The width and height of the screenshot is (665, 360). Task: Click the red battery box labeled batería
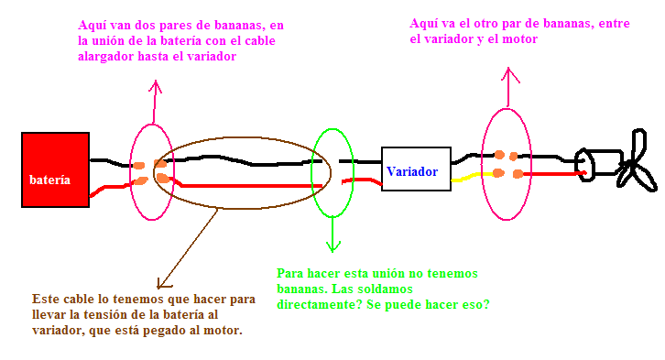tap(55, 169)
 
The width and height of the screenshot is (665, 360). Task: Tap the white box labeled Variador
tap(416, 169)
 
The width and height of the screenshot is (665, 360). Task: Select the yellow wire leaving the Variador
tap(472, 177)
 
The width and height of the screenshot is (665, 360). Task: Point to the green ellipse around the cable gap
tap(311, 173)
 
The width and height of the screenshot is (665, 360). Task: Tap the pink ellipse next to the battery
tap(130, 171)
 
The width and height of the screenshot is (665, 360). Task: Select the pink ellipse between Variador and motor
tap(482, 165)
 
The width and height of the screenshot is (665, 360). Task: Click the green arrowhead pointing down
tap(332, 247)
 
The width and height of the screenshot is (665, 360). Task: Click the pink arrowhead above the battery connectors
tap(156, 85)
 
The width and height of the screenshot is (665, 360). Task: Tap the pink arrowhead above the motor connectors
tap(508, 73)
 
